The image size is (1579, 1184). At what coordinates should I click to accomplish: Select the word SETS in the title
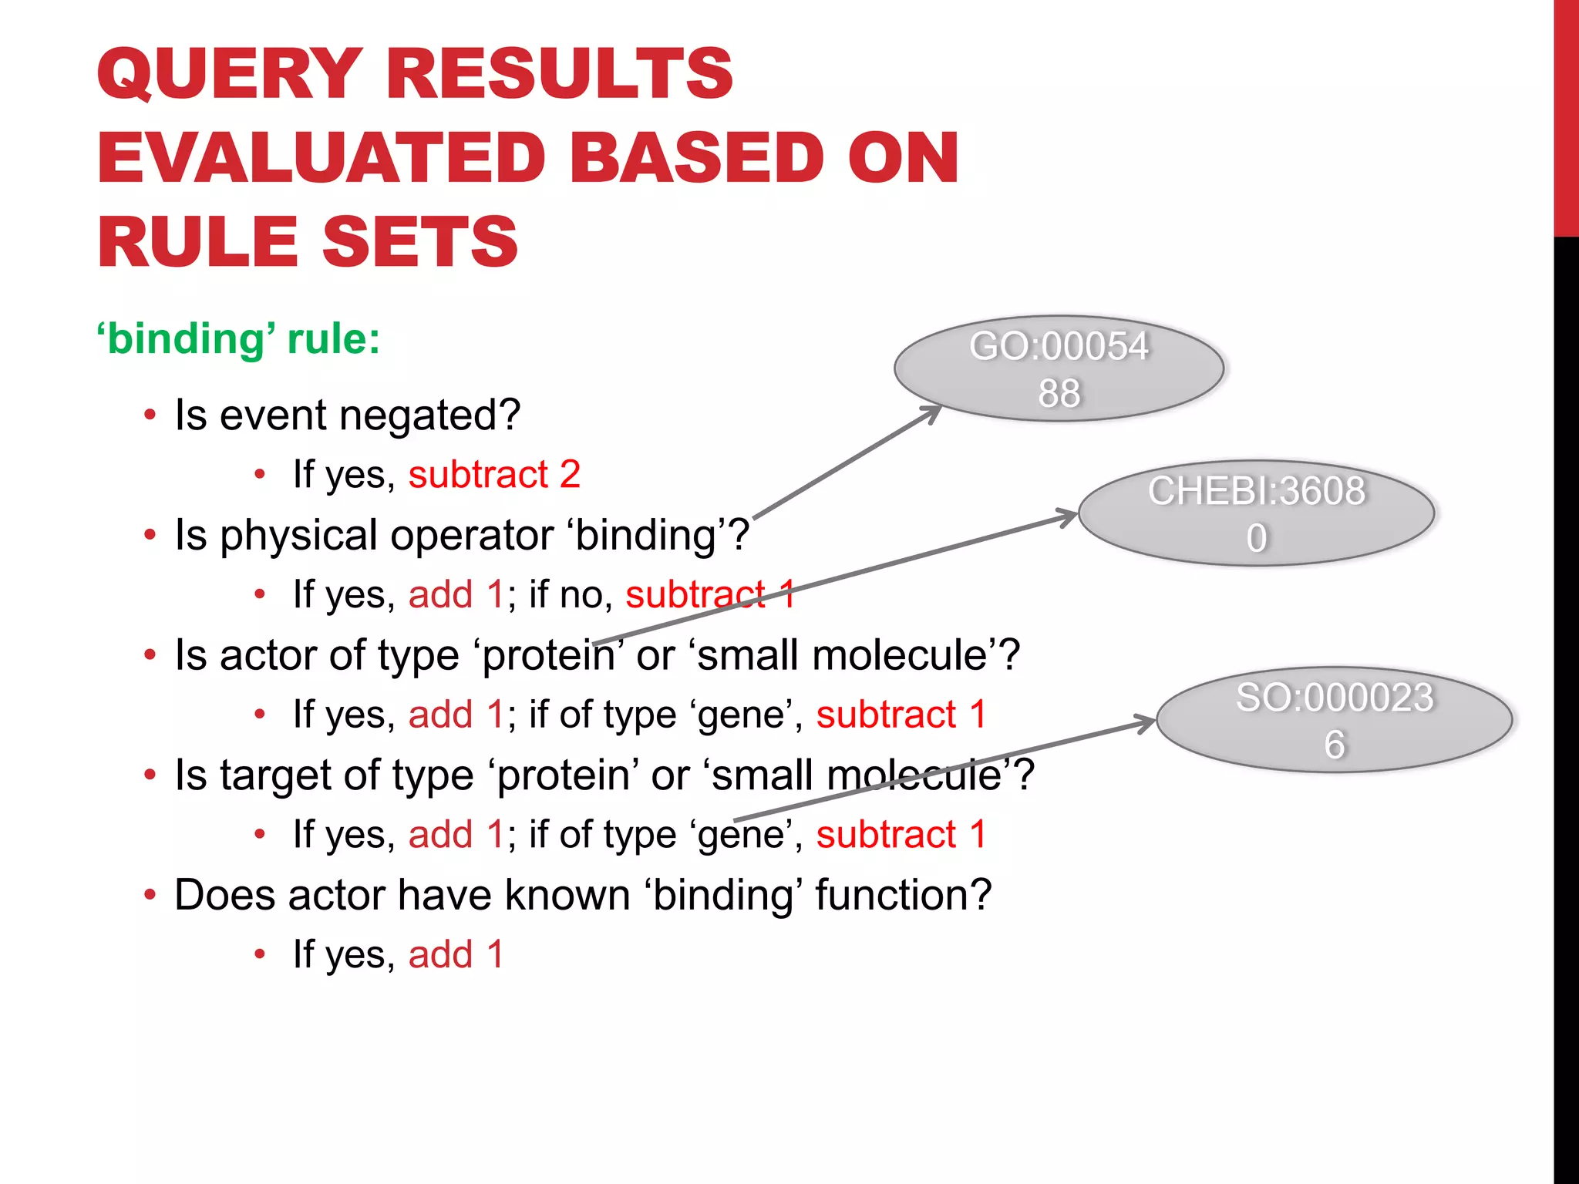[420, 242]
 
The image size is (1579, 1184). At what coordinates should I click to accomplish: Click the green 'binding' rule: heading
[238, 339]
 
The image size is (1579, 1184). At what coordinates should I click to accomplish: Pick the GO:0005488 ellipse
[1059, 368]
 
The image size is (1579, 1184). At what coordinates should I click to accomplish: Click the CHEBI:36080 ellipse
[1256, 513]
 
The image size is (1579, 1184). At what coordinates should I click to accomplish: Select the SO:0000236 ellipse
[1334, 720]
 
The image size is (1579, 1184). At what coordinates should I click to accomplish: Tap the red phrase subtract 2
[493, 474]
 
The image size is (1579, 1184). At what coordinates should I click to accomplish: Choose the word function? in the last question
[903, 895]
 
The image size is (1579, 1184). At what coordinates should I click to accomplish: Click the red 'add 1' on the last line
[456, 954]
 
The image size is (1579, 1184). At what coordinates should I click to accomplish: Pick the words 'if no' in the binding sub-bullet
[571, 594]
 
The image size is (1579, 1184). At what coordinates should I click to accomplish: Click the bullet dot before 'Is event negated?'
[150, 415]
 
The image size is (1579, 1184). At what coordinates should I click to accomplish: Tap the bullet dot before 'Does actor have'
[150, 895]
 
